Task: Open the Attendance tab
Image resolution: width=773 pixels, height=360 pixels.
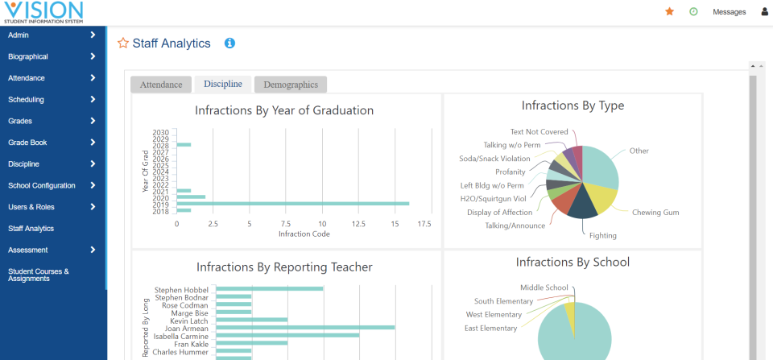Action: tap(161, 85)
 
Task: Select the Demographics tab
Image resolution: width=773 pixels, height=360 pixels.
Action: tap(290, 85)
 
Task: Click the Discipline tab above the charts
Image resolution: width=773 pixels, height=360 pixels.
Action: tap(222, 84)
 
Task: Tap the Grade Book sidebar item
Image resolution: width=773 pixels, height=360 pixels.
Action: tap(28, 143)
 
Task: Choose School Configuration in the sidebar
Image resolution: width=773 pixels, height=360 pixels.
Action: tap(42, 185)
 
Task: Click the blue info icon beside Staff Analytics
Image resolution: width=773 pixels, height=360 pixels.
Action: tap(229, 43)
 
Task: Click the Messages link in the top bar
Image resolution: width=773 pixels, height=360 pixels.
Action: tap(729, 12)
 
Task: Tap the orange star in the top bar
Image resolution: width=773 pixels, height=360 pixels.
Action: tap(669, 11)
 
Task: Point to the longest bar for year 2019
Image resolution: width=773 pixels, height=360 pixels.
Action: tap(292, 204)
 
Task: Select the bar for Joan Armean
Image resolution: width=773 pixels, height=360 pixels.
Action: tap(305, 327)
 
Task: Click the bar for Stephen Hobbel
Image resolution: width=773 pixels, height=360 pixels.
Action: tap(269, 289)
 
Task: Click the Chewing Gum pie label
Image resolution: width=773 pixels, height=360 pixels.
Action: tap(655, 212)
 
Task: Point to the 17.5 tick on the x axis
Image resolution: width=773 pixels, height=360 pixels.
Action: tap(424, 224)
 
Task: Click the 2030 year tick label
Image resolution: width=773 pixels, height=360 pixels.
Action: tap(160, 132)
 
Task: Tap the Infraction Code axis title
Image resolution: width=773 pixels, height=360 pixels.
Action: tap(303, 234)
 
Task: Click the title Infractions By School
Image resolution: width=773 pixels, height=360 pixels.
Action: tap(573, 262)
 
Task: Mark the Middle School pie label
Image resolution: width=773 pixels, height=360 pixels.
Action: tap(544, 288)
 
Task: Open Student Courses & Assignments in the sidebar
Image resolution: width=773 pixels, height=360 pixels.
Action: tap(39, 275)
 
